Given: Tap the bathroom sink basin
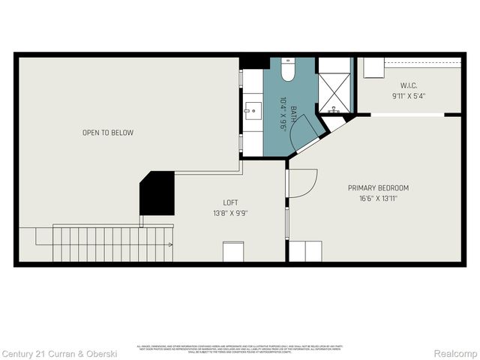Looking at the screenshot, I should click(253, 111).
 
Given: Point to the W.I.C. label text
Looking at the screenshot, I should click(408, 85).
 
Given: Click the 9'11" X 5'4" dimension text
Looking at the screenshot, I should click(408, 96).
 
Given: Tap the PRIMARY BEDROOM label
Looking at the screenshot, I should click(378, 187).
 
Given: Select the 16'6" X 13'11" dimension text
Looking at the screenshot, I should click(378, 199).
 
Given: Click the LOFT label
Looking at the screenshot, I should click(231, 202).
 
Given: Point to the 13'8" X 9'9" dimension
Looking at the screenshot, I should click(231, 213).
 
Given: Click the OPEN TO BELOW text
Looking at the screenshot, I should click(108, 133).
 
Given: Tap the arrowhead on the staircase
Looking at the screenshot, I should click(171, 244).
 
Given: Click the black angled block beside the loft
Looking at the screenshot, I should click(157, 194).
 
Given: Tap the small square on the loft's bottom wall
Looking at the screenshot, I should click(233, 251).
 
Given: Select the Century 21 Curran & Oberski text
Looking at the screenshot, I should click(59, 352).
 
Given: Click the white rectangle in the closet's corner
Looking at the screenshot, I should click(374, 68).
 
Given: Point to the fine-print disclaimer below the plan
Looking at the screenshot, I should click(239, 348).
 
